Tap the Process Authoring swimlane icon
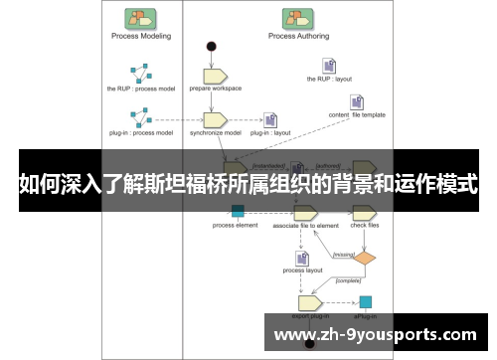click(295, 17)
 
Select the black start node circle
click(211, 46)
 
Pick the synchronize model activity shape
click(216, 119)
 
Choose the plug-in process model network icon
click(140, 117)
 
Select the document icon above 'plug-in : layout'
click(269, 119)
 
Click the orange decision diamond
click(366, 258)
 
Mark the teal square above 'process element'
click(238, 211)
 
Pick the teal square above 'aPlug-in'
click(366, 301)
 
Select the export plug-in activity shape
click(309, 302)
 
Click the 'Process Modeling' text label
click(140, 36)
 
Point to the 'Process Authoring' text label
click(295, 36)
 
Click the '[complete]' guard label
click(348, 280)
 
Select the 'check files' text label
click(366, 226)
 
